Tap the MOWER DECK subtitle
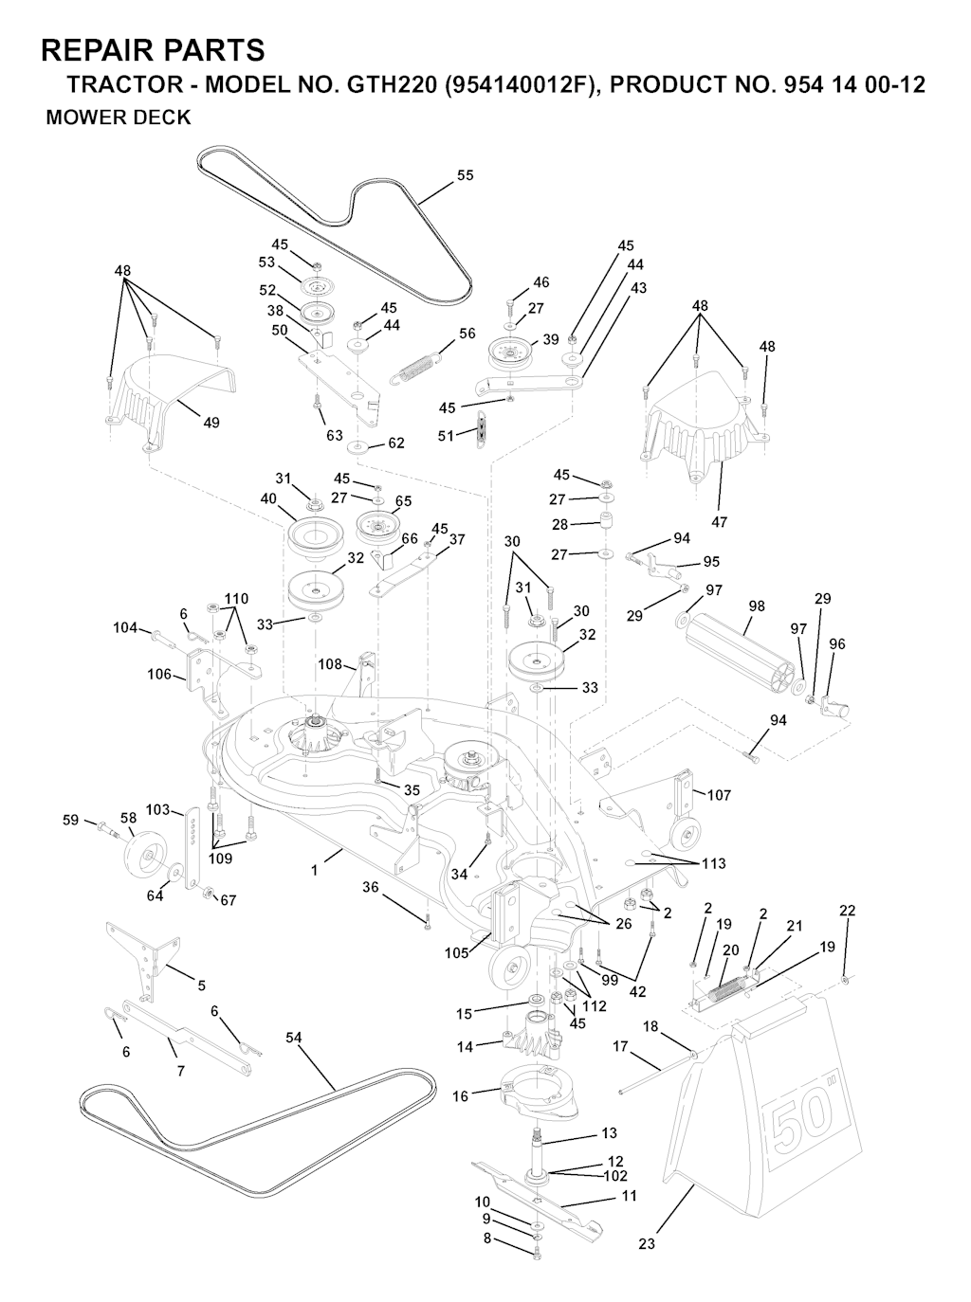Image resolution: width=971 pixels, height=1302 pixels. [119, 118]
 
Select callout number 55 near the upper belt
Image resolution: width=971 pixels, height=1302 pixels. [466, 175]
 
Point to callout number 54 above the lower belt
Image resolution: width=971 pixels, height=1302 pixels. [293, 1038]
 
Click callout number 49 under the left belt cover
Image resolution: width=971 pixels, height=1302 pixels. [211, 423]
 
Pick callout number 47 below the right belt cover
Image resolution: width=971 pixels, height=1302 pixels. [719, 522]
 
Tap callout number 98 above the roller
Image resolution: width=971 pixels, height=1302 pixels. [757, 606]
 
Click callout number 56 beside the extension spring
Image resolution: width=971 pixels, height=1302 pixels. [467, 334]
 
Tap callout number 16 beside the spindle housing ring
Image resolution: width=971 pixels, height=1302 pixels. [461, 1096]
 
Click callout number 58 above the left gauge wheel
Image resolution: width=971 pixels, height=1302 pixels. [128, 818]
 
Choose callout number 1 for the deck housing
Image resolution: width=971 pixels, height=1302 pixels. [314, 870]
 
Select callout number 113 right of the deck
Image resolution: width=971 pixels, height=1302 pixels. [713, 863]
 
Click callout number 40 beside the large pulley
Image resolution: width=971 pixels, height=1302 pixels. [268, 498]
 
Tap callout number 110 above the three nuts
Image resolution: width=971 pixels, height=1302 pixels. [236, 598]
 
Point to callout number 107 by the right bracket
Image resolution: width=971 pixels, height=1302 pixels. [719, 794]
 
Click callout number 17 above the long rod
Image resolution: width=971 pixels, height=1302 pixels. [619, 1047]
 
